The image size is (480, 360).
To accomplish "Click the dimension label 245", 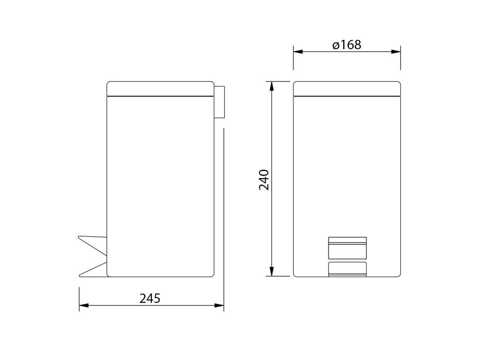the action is (150, 298).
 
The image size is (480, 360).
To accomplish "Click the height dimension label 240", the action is (264, 180).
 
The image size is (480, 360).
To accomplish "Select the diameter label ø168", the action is (347, 45).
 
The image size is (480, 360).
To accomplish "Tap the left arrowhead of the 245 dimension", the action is (83, 305).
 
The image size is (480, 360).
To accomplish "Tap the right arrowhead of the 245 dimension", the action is (219, 305).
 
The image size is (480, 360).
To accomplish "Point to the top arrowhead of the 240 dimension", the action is (271, 86).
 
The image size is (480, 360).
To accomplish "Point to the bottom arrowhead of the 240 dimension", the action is (271, 271).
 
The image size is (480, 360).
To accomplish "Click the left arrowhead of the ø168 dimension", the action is (298, 52).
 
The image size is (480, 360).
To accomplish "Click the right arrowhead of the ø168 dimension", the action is (396, 52).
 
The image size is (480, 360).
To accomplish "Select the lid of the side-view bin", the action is (160, 89).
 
